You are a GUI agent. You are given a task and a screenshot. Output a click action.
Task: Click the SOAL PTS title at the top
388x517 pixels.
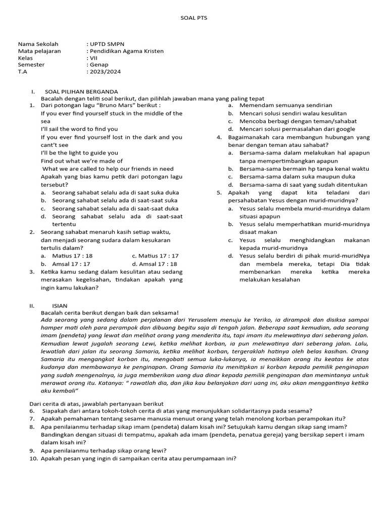click(x=193, y=18)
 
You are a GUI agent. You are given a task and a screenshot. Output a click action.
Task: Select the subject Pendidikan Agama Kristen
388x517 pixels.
click(x=126, y=51)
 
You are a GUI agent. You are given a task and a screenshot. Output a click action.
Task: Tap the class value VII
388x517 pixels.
click(x=92, y=58)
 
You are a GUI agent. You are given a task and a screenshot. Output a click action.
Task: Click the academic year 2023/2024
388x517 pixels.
click(x=105, y=72)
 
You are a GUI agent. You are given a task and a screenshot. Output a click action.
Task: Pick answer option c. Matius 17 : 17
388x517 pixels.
click(x=152, y=256)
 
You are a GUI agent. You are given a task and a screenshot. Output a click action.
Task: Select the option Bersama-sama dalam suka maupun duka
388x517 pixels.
click(x=292, y=177)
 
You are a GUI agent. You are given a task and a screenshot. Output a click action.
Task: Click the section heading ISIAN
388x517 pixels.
click(x=60, y=306)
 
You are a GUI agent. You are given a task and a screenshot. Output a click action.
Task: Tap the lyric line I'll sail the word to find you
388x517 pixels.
click(x=79, y=129)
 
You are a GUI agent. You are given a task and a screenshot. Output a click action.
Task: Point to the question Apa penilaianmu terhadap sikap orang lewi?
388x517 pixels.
click(x=104, y=450)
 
